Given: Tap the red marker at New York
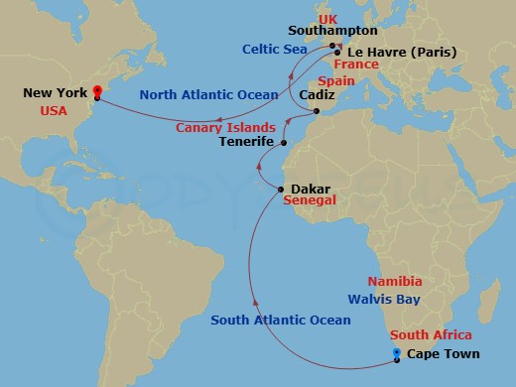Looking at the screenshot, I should tap(97, 93).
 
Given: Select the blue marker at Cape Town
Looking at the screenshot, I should tap(397, 353).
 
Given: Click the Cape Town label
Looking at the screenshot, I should tap(444, 354).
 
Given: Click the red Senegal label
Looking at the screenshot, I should tap(310, 200).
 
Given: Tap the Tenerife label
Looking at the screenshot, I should tap(246, 143).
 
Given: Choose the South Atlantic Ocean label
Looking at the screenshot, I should tap(281, 320).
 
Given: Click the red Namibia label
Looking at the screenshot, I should tap(395, 282).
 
